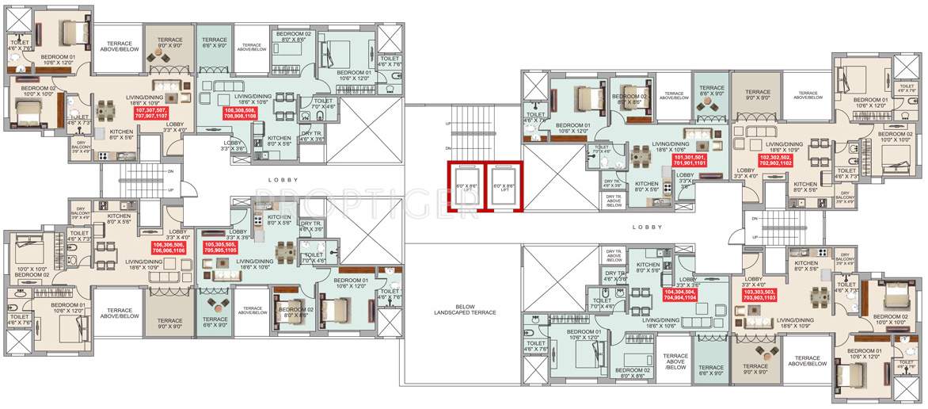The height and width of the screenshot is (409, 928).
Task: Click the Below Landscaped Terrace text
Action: (x=464, y=311)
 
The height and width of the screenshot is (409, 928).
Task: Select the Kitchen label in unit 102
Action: (x=805, y=187)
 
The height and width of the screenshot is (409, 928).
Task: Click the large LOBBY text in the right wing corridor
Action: (x=646, y=227)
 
